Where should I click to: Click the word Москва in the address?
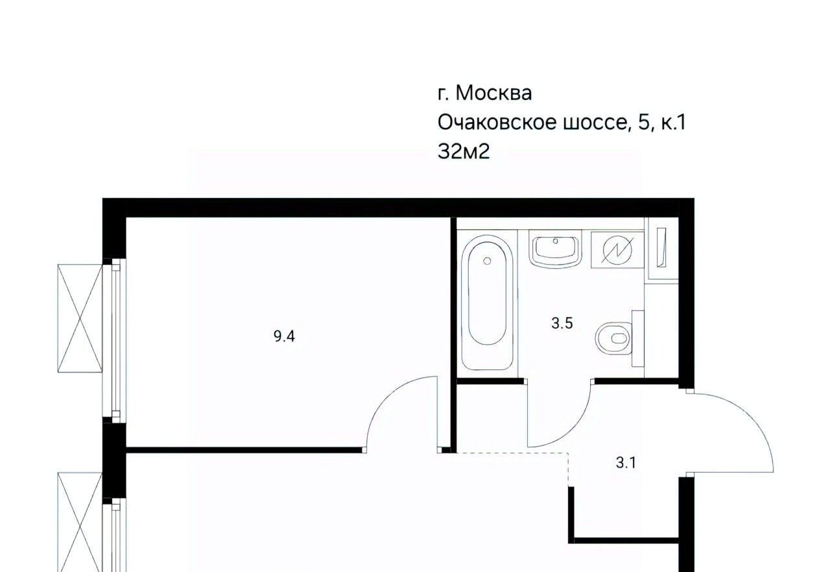pyautogui.click(x=493, y=92)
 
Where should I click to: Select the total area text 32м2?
pyautogui.click(x=464, y=151)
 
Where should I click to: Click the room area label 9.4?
pyautogui.click(x=284, y=336)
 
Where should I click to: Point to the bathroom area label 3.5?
pyautogui.click(x=562, y=323)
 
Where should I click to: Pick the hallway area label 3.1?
pyautogui.click(x=626, y=462)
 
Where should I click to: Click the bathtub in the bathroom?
pyautogui.click(x=487, y=303)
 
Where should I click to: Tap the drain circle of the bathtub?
pyautogui.click(x=487, y=261)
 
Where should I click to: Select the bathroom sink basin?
pyautogui.click(x=555, y=249)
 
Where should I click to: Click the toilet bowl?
pyautogui.click(x=613, y=338)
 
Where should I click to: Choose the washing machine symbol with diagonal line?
pyautogui.click(x=617, y=251)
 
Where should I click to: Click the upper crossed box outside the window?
pyautogui.click(x=80, y=318)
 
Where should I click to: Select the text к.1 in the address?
pyautogui.click(x=673, y=122)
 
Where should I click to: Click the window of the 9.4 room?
pyautogui.click(x=116, y=340)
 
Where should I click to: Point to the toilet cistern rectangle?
pyautogui.click(x=638, y=338)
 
